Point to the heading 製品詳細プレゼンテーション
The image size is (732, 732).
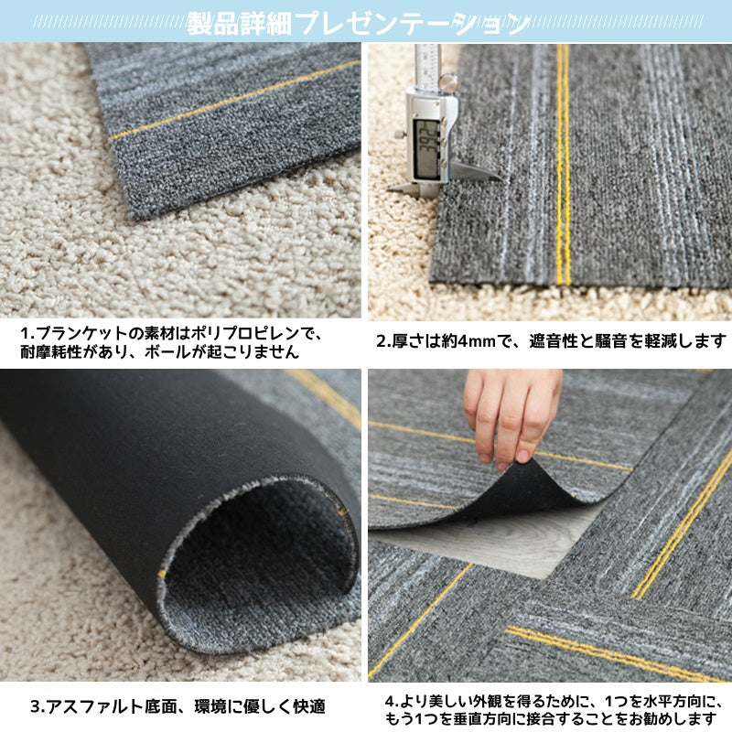point(358,23)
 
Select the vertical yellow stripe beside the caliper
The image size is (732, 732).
point(562,165)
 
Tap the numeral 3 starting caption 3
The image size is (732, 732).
point(36,706)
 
